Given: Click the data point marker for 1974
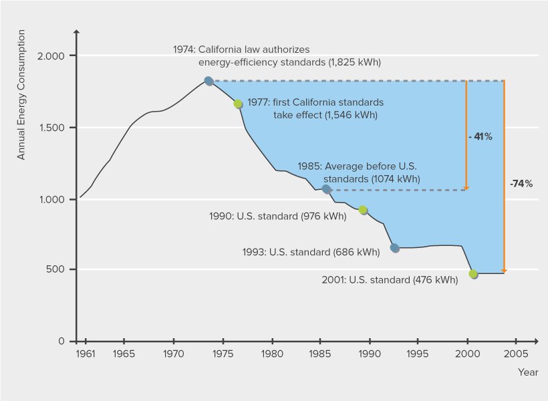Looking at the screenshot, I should coord(209,81).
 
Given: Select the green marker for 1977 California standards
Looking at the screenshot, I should coord(238,104).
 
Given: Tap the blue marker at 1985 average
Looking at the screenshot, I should coord(326,189).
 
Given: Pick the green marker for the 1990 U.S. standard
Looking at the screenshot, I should coord(363,210).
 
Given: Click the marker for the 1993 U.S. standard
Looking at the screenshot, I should coord(395,248).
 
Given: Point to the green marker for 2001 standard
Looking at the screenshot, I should coord(473,274).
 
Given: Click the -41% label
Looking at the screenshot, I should coord(481,136).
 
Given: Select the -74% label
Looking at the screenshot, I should coord(521,182).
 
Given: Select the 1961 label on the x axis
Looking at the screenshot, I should coord(85,353).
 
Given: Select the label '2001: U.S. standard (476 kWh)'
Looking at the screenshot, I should coord(390,281).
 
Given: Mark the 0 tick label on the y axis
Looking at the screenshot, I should coord(61,342).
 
